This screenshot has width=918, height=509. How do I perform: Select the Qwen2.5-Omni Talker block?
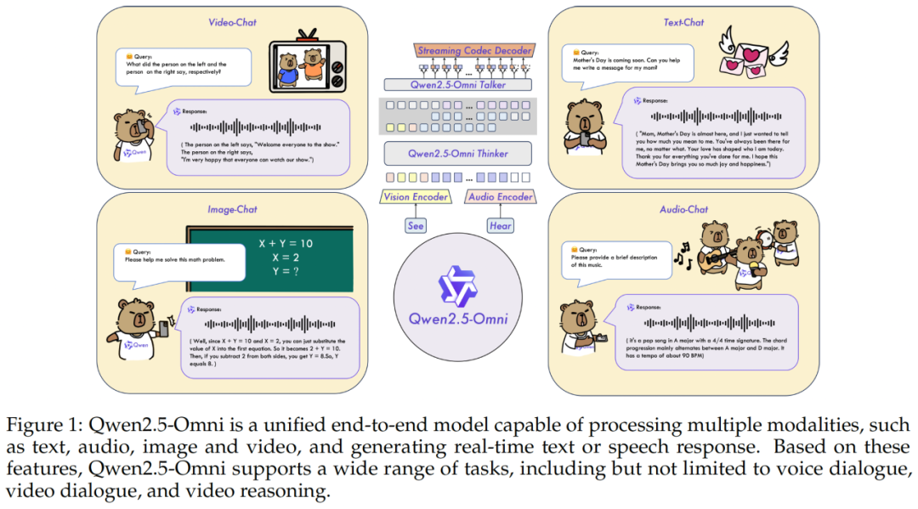tap(458, 85)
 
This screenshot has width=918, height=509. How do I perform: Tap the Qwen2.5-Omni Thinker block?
tap(458, 154)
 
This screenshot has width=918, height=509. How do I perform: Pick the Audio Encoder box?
tap(501, 197)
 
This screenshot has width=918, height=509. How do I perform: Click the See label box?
tap(416, 226)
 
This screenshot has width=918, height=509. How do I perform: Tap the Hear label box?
tap(501, 226)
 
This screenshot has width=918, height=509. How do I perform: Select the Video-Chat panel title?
tap(232, 23)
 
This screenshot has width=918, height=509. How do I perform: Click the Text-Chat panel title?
tap(683, 23)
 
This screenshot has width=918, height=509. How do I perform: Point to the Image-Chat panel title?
tap(232, 209)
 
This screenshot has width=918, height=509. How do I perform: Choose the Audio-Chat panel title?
tap(683, 209)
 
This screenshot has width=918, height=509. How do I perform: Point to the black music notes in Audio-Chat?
tap(682, 252)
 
